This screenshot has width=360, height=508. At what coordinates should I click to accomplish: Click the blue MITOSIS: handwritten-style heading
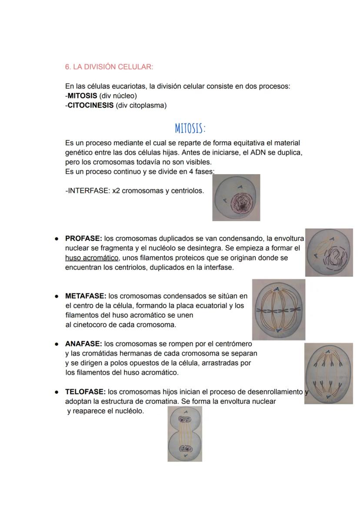click(x=190, y=129)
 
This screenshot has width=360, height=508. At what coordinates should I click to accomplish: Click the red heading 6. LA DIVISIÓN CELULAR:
click(x=109, y=67)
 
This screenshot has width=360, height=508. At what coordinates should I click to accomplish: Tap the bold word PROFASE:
click(x=83, y=239)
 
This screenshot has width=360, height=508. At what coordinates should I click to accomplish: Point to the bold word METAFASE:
click(x=86, y=296)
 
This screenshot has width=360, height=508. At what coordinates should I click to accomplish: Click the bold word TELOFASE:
click(x=85, y=392)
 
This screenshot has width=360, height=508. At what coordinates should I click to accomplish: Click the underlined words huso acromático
click(x=91, y=258)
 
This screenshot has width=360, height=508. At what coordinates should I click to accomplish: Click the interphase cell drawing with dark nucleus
click(x=236, y=198)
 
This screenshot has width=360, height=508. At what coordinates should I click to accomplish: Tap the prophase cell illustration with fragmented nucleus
click(x=329, y=252)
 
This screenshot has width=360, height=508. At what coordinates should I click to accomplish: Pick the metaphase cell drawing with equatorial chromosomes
click(x=278, y=310)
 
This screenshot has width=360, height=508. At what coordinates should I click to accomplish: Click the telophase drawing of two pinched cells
click(x=185, y=434)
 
